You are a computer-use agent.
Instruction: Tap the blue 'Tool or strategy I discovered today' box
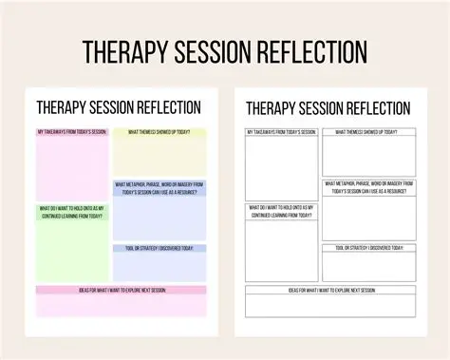click(159, 263)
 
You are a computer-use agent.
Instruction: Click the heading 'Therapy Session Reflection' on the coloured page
click(119, 107)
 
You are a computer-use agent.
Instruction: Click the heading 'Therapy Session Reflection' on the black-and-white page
click(328, 109)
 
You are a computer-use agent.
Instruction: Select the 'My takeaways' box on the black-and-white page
click(280, 164)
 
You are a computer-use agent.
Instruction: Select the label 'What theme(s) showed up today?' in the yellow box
click(159, 131)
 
